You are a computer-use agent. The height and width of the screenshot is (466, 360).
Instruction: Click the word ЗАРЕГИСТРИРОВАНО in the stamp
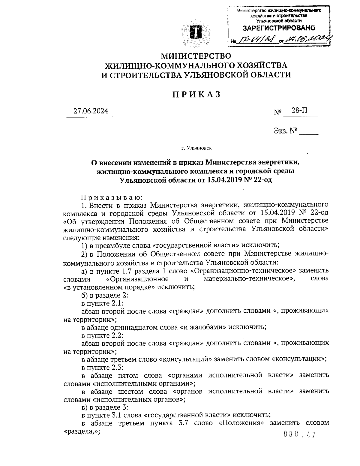coord(279,28)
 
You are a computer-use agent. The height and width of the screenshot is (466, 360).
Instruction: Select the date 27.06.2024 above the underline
coord(91,111)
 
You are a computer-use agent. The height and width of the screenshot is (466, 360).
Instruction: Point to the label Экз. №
coord(285,131)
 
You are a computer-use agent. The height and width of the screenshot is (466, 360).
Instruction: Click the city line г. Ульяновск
coord(196,148)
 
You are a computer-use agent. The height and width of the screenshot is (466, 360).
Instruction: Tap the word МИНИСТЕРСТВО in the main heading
coord(196,56)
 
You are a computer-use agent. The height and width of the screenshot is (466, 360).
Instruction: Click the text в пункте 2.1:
coord(101,303)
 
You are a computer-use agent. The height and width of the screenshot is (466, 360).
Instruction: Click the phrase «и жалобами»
coord(203,327)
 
